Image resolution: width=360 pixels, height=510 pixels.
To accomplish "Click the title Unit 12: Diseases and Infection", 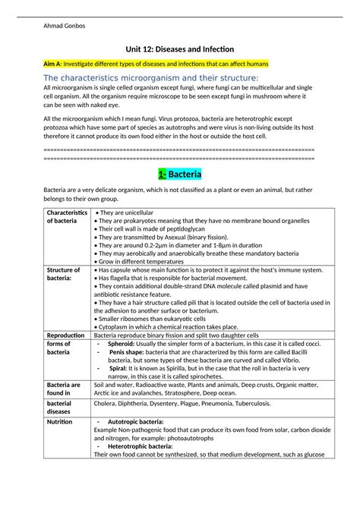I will (x=179, y=49).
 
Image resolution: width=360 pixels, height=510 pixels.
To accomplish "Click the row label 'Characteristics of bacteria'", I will (x=66, y=216).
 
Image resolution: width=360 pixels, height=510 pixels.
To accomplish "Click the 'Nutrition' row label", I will (x=59, y=421).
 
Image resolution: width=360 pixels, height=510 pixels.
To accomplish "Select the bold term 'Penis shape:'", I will (x=131, y=352).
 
